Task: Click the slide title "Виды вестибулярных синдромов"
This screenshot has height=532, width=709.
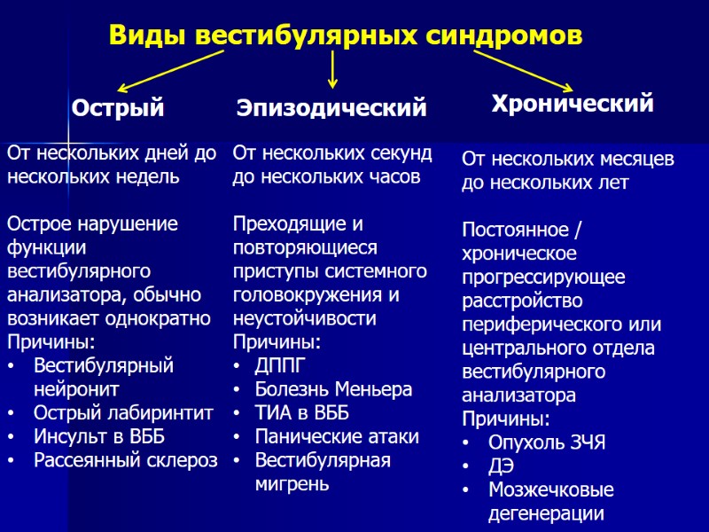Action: pos(346,35)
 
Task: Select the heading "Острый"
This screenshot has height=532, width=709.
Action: pos(118,109)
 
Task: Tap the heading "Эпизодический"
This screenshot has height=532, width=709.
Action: pos(331,109)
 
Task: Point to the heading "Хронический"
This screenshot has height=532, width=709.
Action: pos(573,104)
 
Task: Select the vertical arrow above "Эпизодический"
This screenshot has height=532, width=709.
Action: pos(332,69)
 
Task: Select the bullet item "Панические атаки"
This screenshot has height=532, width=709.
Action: pos(337,436)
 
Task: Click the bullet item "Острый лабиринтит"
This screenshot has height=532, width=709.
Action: pos(123,412)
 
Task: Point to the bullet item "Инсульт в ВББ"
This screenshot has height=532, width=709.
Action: pos(99,436)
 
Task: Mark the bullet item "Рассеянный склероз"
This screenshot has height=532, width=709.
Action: pos(125,460)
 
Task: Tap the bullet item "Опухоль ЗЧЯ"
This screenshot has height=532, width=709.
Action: pos(546,442)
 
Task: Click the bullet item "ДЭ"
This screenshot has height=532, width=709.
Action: pos(501,466)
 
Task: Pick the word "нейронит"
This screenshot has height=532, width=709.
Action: pos(76,388)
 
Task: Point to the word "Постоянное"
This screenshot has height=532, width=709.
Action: pos(514,231)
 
